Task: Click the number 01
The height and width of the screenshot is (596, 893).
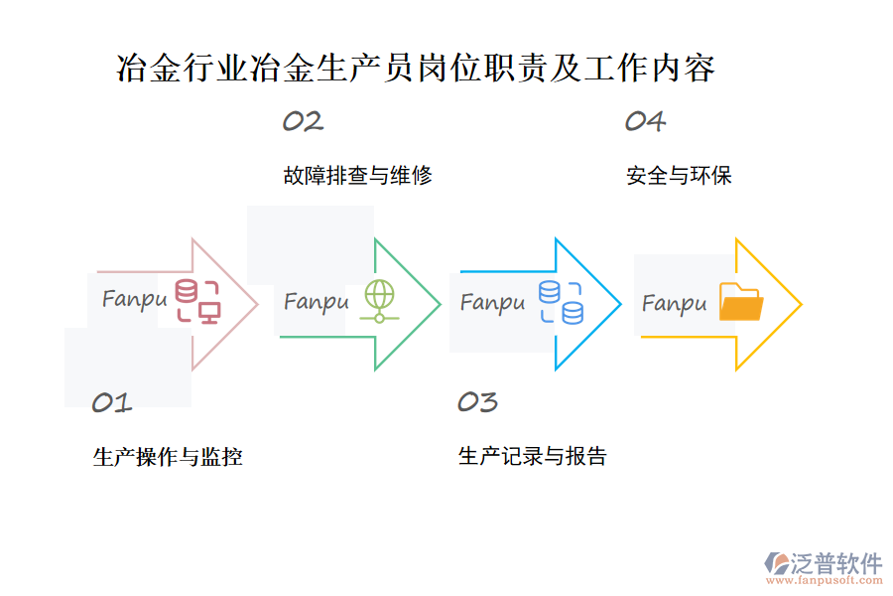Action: (x=112, y=402)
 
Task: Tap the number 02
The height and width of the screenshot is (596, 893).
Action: (x=303, y=121)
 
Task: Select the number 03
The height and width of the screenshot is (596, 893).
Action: (x=477, y=402)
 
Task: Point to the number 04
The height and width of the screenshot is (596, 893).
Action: (x=645, y=121)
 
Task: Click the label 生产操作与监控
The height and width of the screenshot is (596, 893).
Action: (x=168, y=457)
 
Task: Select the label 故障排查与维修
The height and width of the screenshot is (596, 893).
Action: (x=357, y=176)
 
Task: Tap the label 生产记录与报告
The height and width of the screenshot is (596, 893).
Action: (x=533, y=457)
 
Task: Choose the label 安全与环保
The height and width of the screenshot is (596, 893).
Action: (x=680, y=176)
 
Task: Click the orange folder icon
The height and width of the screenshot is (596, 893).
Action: (x=740, y=302)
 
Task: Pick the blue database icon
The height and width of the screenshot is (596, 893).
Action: (x=561, y=302)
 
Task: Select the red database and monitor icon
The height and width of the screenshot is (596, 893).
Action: (x=197, y=301)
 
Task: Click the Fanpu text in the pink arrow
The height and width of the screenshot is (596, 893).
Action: (x=134, y=298)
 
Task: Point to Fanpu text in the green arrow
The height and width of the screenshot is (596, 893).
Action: (x=317, y=301)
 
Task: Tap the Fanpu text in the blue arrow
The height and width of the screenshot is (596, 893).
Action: (x=492, y=301)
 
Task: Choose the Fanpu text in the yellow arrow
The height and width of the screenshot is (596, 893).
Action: (x=675, y=302)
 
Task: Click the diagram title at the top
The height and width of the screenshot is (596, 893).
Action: (x=416, y=69)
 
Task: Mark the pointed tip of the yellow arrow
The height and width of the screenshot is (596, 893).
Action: (x=801, y=304)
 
